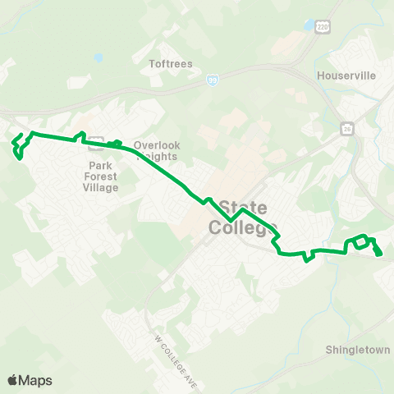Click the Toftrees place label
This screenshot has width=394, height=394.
(x=171, y=62)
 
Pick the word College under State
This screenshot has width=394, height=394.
(x=243, y=228)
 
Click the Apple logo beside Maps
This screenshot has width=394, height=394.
(x=14, y=380)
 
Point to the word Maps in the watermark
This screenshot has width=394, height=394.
(x=37, y=380)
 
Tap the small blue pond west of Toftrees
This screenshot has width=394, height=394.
(x=98, y=58)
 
